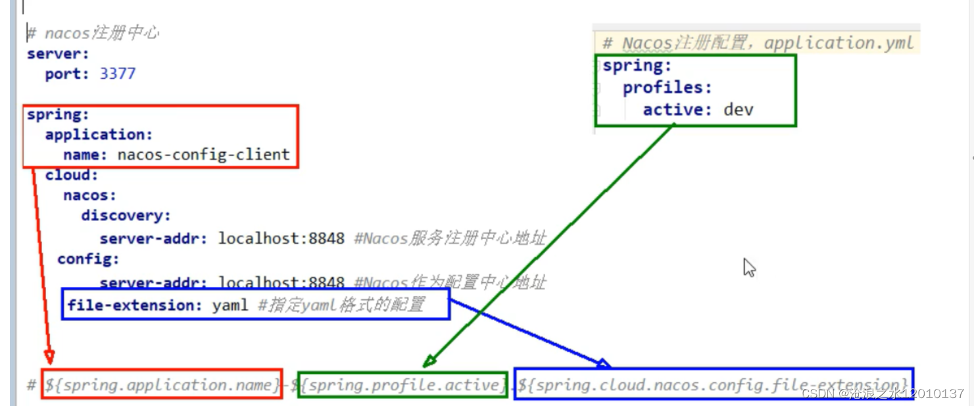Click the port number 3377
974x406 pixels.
[117, 74]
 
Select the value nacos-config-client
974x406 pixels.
[203, 155]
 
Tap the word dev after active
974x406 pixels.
[738, 109]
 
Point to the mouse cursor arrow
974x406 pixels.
[748, 267]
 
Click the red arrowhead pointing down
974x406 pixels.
[49, 357]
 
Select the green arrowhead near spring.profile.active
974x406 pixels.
[429, 360]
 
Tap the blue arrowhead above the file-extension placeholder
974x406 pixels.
[604, 362]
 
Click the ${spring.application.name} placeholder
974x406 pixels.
[162, 385]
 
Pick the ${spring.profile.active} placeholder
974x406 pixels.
[402, 385]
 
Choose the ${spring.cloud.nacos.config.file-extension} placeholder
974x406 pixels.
[713, 385]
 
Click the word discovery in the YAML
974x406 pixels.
[126, 216]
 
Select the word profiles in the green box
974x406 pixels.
[667, 88]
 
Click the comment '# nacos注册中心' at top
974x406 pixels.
[93, 33]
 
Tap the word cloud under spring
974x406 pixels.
[71, 175]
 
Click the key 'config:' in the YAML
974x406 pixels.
[88, 259]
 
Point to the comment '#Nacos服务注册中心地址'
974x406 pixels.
[450, 238]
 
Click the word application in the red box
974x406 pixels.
[98, 134]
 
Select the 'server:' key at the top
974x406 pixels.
[57, 53]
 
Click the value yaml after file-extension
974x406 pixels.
[230, 305]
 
